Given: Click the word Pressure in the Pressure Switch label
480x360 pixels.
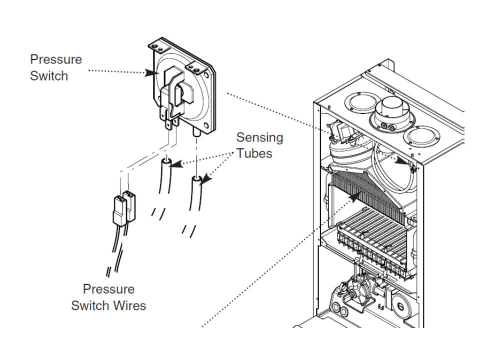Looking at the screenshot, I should (x=55, y=59).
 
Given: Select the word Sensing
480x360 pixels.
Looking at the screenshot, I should (x=259, y=137).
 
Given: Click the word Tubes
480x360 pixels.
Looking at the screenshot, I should (x=254, y=153).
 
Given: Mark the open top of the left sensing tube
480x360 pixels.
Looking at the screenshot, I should (x=166, y=163).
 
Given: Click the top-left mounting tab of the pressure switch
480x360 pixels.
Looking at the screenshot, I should (x=156, y=46).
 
